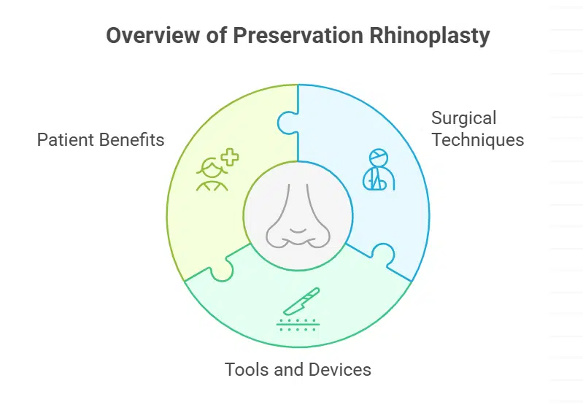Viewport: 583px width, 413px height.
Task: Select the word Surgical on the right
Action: pyautogui.click(x=463, y=118)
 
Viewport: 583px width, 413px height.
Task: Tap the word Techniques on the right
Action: pyautogui.click(x=477, y=139)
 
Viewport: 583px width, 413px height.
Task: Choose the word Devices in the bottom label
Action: pyautogui.click(x=339, y=369)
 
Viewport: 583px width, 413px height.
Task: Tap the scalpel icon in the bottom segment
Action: pyautogui.click(x=301, y=300)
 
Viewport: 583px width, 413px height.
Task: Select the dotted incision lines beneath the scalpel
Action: pyautogui.click(x=298, y=324)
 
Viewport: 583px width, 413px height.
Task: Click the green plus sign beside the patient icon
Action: pyautogui.click(x=230, y=156)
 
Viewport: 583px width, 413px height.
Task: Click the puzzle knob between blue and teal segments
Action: pyautogui.click(x=382, y=255)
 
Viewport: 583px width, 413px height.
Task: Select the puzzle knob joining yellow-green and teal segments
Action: pyautogui.click(x=223, y=269)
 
